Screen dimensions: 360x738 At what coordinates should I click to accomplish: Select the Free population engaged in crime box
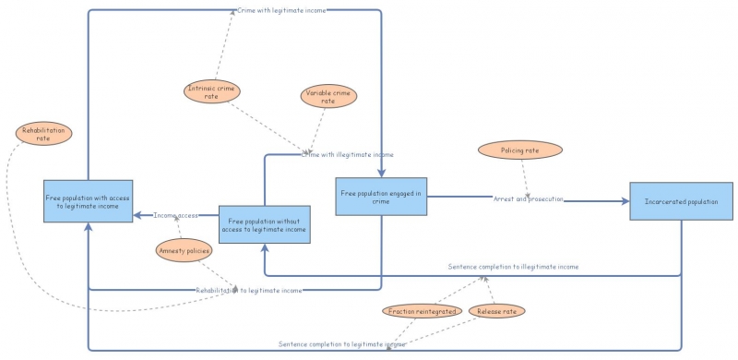pos(381,197)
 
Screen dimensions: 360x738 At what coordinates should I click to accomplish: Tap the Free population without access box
pos(265,224)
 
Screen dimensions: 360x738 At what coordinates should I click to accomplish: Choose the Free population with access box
pos(88,200)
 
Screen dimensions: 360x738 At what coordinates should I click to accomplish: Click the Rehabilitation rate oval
pos(43,134)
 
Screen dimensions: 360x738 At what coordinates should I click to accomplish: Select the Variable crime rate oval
pos(327,96)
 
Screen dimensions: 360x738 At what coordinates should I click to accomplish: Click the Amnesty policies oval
pos(184,250)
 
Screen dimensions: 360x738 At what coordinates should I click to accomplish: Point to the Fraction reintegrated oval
pos(423,312)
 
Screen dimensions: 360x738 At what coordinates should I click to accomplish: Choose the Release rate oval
pos(496,312)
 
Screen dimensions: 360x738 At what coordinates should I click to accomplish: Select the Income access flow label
pos(175,215)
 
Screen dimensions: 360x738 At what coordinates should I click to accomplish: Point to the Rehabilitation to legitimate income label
pos(248,290)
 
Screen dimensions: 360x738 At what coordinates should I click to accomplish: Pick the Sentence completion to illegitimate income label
pos(513,266)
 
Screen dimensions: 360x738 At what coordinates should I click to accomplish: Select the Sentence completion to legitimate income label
pos(342,344)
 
